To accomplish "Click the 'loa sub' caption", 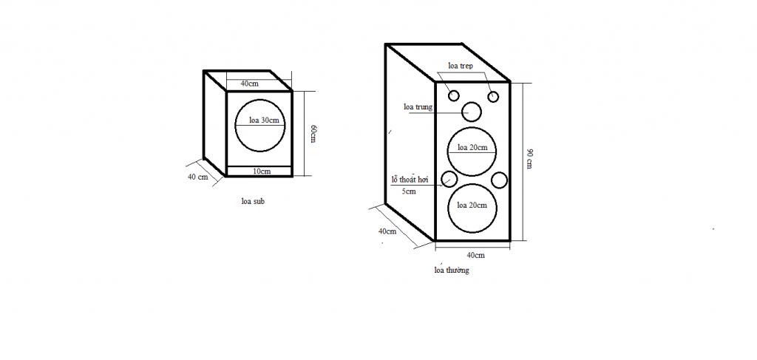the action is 253,201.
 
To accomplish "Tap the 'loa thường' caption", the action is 452,270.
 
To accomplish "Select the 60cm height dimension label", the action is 313,133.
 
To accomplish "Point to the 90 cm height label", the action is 529,159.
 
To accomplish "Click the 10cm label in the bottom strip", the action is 262,171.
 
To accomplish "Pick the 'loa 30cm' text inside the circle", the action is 264,120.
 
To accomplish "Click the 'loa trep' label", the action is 460,66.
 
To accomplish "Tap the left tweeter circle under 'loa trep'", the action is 453,96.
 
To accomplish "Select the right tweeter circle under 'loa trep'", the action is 493,97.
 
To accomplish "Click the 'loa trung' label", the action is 418,107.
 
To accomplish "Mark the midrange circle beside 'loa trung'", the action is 472,112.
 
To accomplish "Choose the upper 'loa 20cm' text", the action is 472,147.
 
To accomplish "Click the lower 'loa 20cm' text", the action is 472,205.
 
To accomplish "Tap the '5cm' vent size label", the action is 409,191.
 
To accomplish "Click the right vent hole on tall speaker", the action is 499,180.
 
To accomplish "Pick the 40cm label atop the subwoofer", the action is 249,84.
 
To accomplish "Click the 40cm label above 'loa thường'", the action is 475,255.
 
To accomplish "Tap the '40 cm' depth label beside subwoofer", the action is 198,177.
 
